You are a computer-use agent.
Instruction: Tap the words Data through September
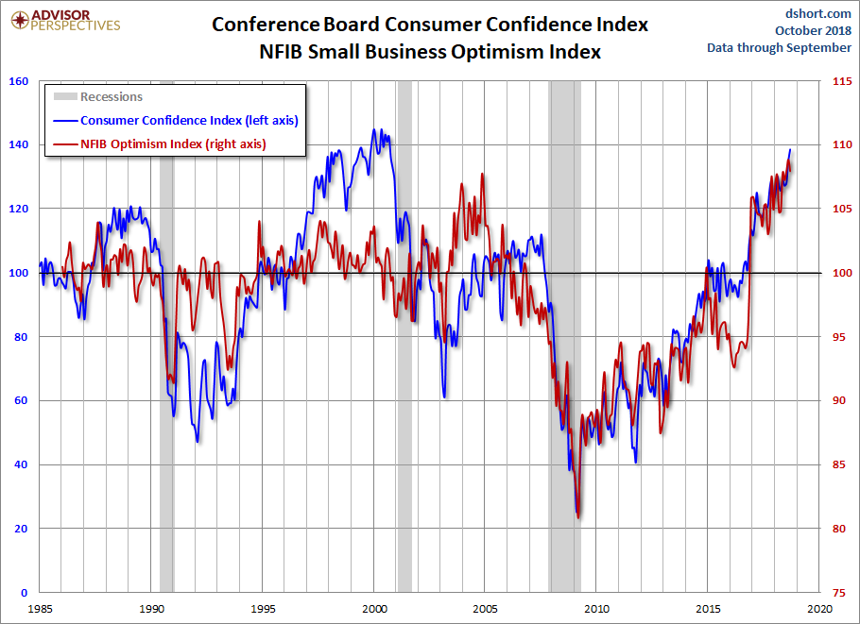779,47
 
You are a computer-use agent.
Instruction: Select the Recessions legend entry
111,96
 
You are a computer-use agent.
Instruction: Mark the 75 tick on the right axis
838,593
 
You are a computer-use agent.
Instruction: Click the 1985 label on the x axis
41,608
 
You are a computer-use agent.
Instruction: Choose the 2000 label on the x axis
375,608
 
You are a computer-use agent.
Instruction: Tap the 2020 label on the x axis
819,608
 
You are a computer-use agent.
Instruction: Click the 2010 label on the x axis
597,608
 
